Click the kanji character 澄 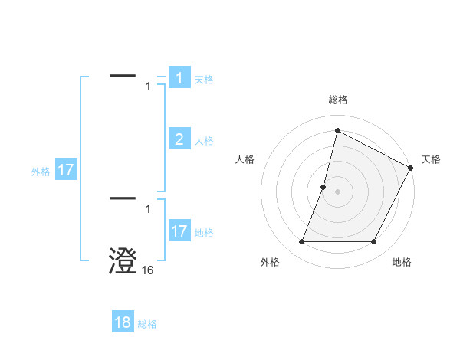(123, 260)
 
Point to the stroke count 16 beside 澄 (148, 270)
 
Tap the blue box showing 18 (123, 322)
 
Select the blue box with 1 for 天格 (179, 78)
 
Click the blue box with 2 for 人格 (179, 139)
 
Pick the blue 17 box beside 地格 (179, 231)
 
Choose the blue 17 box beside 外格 (66, 170)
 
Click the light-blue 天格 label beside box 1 (204, 80)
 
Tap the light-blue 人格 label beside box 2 (204, 141)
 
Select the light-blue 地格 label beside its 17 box (204, 233)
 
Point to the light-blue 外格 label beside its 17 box (41, 172)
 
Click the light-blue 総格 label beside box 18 (147, 324)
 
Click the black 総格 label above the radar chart (337, 100)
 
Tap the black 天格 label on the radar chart (431, 159)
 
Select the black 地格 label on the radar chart (402, 262)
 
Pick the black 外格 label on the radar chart (270, 262)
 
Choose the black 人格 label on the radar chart (245, 159)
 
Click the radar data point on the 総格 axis (337, 130)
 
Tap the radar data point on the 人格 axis (324, 187)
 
